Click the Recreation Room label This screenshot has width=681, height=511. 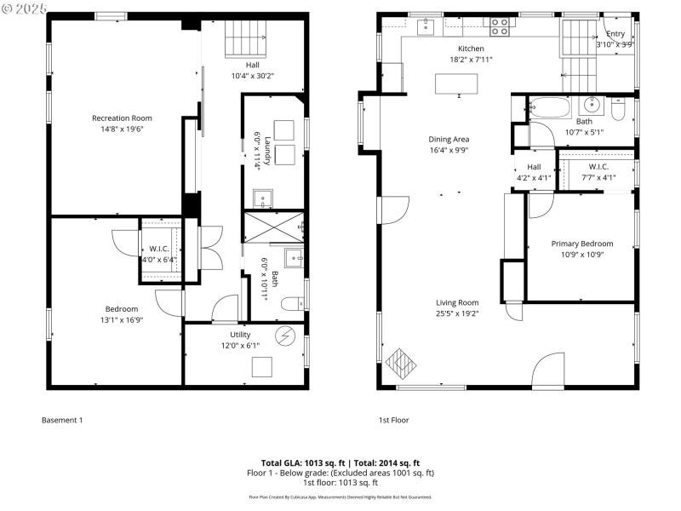point(122,118)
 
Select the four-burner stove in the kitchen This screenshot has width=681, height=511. point(500,26)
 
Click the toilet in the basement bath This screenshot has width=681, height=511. point(292,302)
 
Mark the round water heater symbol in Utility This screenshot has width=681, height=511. point(286,336)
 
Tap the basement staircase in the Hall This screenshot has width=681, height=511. point(246,37)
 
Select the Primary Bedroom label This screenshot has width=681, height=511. point(581,244)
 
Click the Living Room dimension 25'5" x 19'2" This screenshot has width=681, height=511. point(457,313)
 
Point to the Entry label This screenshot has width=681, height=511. point(615,34)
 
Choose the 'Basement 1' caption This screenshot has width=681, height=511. point(62,420)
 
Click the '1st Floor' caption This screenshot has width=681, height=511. point(394,420)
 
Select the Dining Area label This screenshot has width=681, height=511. point(449,139)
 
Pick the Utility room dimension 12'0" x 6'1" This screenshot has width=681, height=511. point(240,345)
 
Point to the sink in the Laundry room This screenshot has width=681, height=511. point(263,199)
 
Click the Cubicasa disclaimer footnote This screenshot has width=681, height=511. point(340,497)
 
